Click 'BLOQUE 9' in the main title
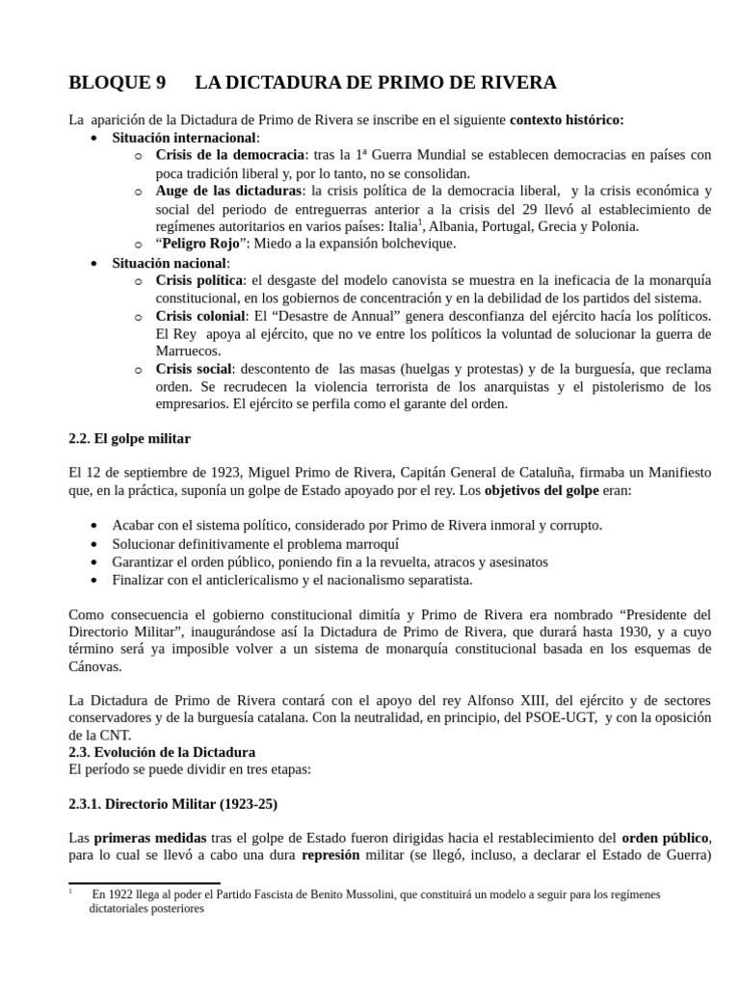coord(117,83)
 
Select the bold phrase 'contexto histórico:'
coord(567,120)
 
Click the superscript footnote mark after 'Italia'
coord(421,222)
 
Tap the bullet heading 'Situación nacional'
coord(170,263)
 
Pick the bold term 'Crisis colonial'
coord(200,316)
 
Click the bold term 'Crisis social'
coord(193,369)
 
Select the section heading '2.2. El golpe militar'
coord(129,439)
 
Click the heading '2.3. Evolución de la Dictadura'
coord(162,752)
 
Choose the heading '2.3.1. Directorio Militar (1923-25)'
coord(172,804)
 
